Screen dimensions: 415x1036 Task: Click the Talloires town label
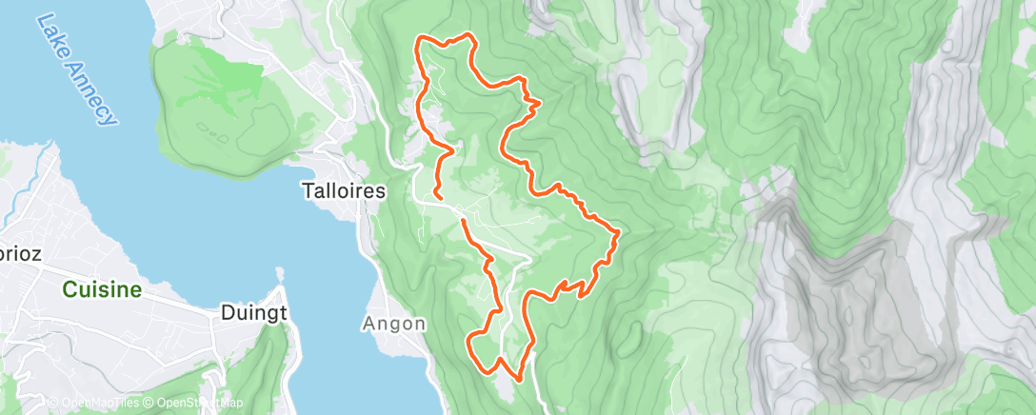coord(344,190)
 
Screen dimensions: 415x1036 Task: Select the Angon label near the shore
coord(393,324)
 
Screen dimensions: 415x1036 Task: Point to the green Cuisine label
coord(102,289)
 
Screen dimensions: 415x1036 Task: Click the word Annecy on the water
coord(91,90)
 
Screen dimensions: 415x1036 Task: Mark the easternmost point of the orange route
coord(620,231)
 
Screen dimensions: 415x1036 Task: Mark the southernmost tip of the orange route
coord(518,379)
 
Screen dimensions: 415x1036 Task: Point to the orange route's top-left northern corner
coord(420,39)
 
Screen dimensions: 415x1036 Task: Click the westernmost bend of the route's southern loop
coord(469,338)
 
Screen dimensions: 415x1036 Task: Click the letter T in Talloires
coord(307,190)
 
